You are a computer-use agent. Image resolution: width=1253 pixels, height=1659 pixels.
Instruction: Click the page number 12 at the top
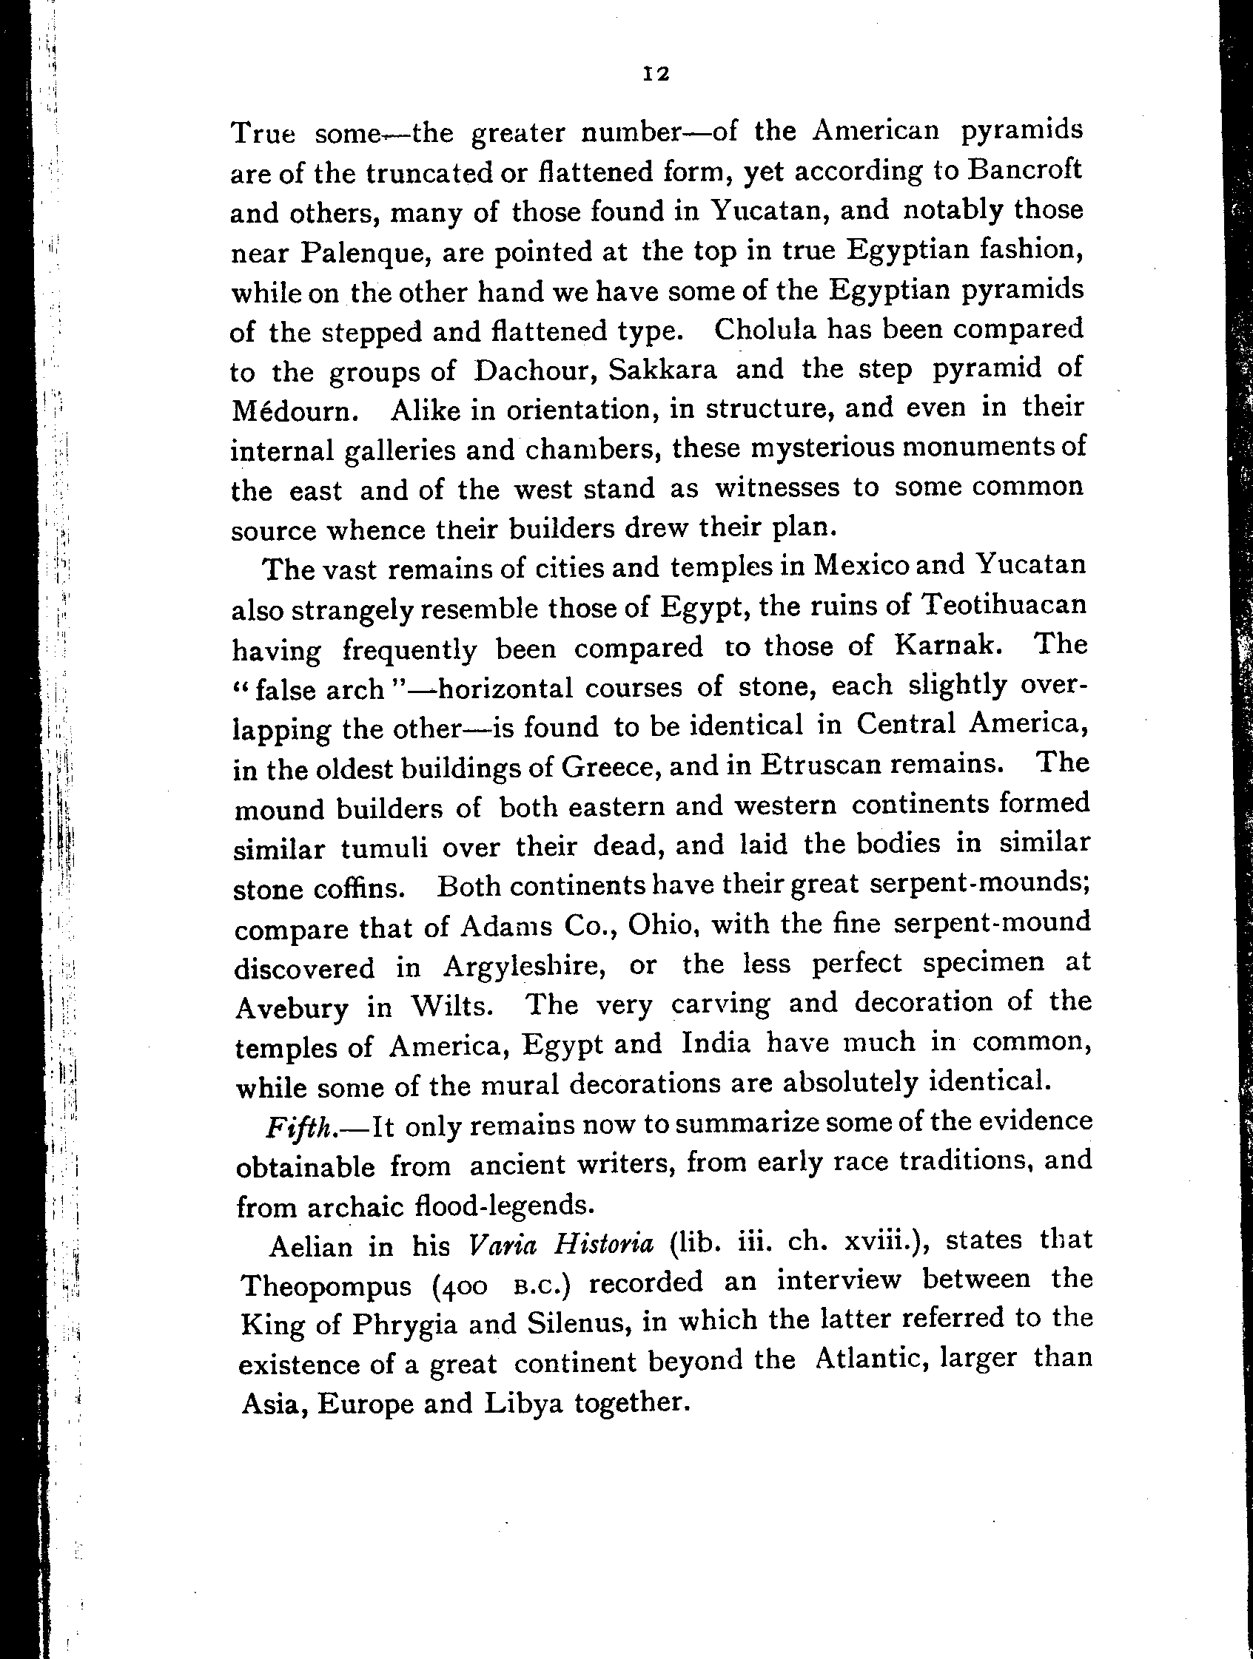point(656,73)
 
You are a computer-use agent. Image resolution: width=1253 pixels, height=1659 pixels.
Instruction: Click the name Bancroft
point(1024,169)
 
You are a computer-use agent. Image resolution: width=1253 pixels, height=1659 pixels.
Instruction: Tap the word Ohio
point(659,925)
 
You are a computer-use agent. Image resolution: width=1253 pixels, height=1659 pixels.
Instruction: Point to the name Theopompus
point(326,1285)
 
